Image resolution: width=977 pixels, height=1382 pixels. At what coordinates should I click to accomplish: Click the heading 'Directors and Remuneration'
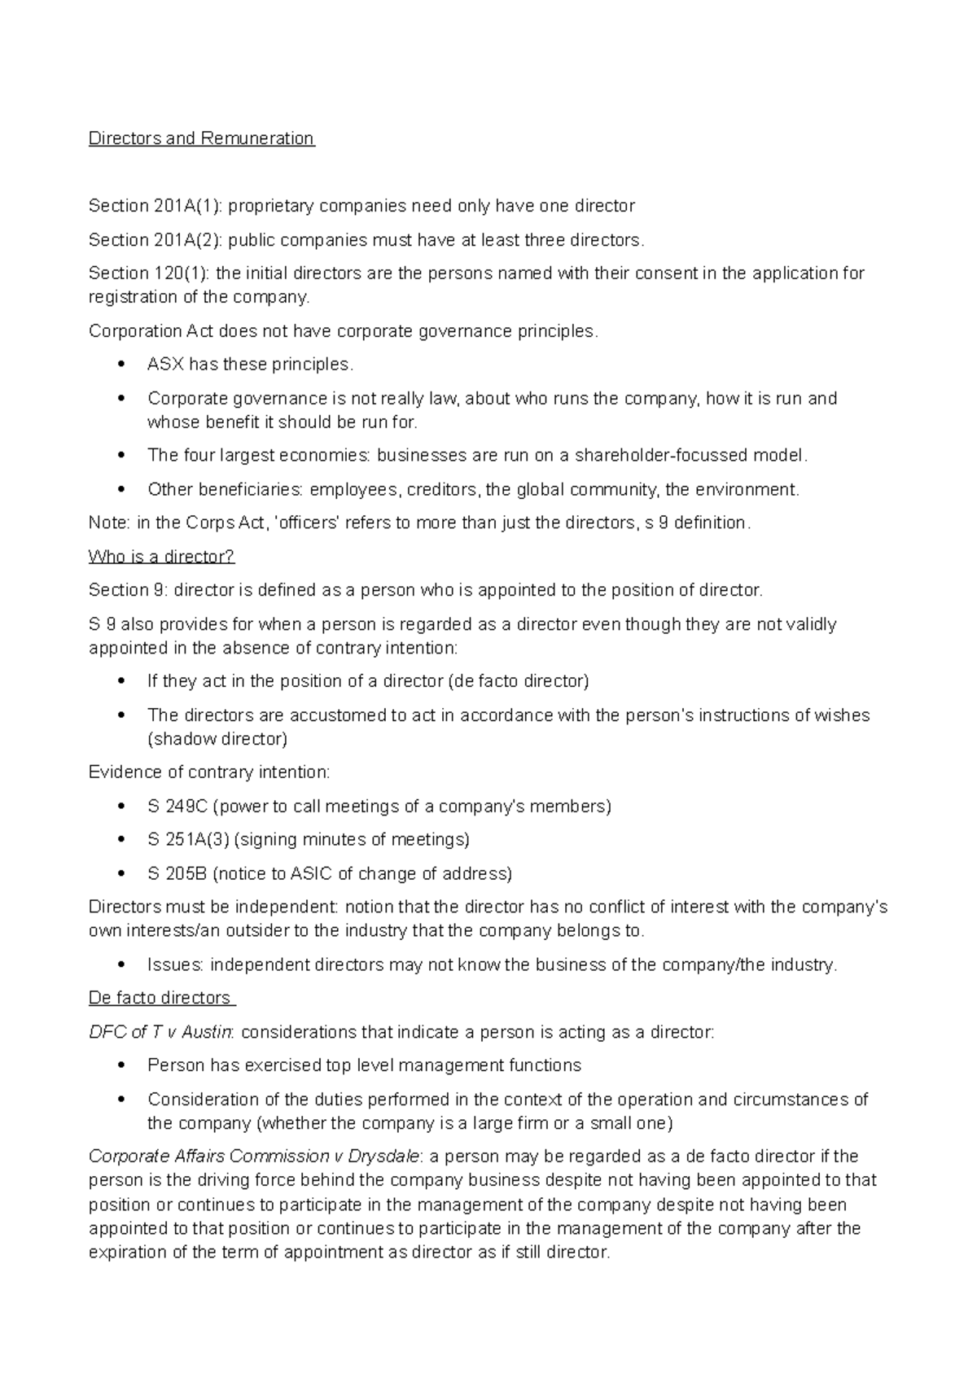[201, 138]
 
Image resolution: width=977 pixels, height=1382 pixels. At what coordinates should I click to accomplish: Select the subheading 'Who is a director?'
[161, 557]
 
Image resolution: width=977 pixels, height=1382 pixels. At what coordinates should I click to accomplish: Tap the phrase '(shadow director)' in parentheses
[217, 739]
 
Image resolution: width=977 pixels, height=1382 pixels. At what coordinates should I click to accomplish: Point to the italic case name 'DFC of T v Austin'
[160, 1032]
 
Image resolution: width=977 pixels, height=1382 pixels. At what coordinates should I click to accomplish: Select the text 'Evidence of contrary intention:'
[209, 772]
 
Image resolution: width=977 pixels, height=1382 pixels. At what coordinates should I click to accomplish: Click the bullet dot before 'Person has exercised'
[121, 1065]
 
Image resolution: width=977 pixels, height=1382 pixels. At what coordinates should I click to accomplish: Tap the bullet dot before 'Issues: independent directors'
[121, 965]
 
